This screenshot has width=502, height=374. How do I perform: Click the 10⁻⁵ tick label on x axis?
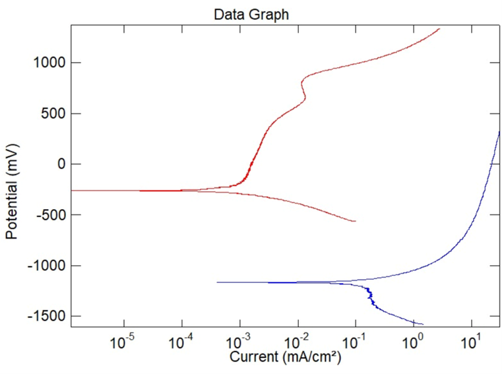tap(123, 343)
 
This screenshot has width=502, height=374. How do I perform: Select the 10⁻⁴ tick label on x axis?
tap(181, 343)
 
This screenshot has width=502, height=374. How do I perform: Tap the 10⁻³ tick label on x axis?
tap(239, 343)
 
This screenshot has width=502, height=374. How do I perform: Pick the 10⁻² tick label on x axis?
tap(297, 343)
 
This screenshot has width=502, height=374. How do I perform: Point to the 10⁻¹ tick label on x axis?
tap(355, 343)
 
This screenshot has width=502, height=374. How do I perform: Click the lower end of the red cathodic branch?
tap(356, 221)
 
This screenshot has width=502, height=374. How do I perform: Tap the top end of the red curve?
tap(439, 28)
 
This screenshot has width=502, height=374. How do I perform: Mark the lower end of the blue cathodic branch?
tap(423, 324)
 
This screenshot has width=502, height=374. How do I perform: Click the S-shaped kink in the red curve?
tap(303, 89)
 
